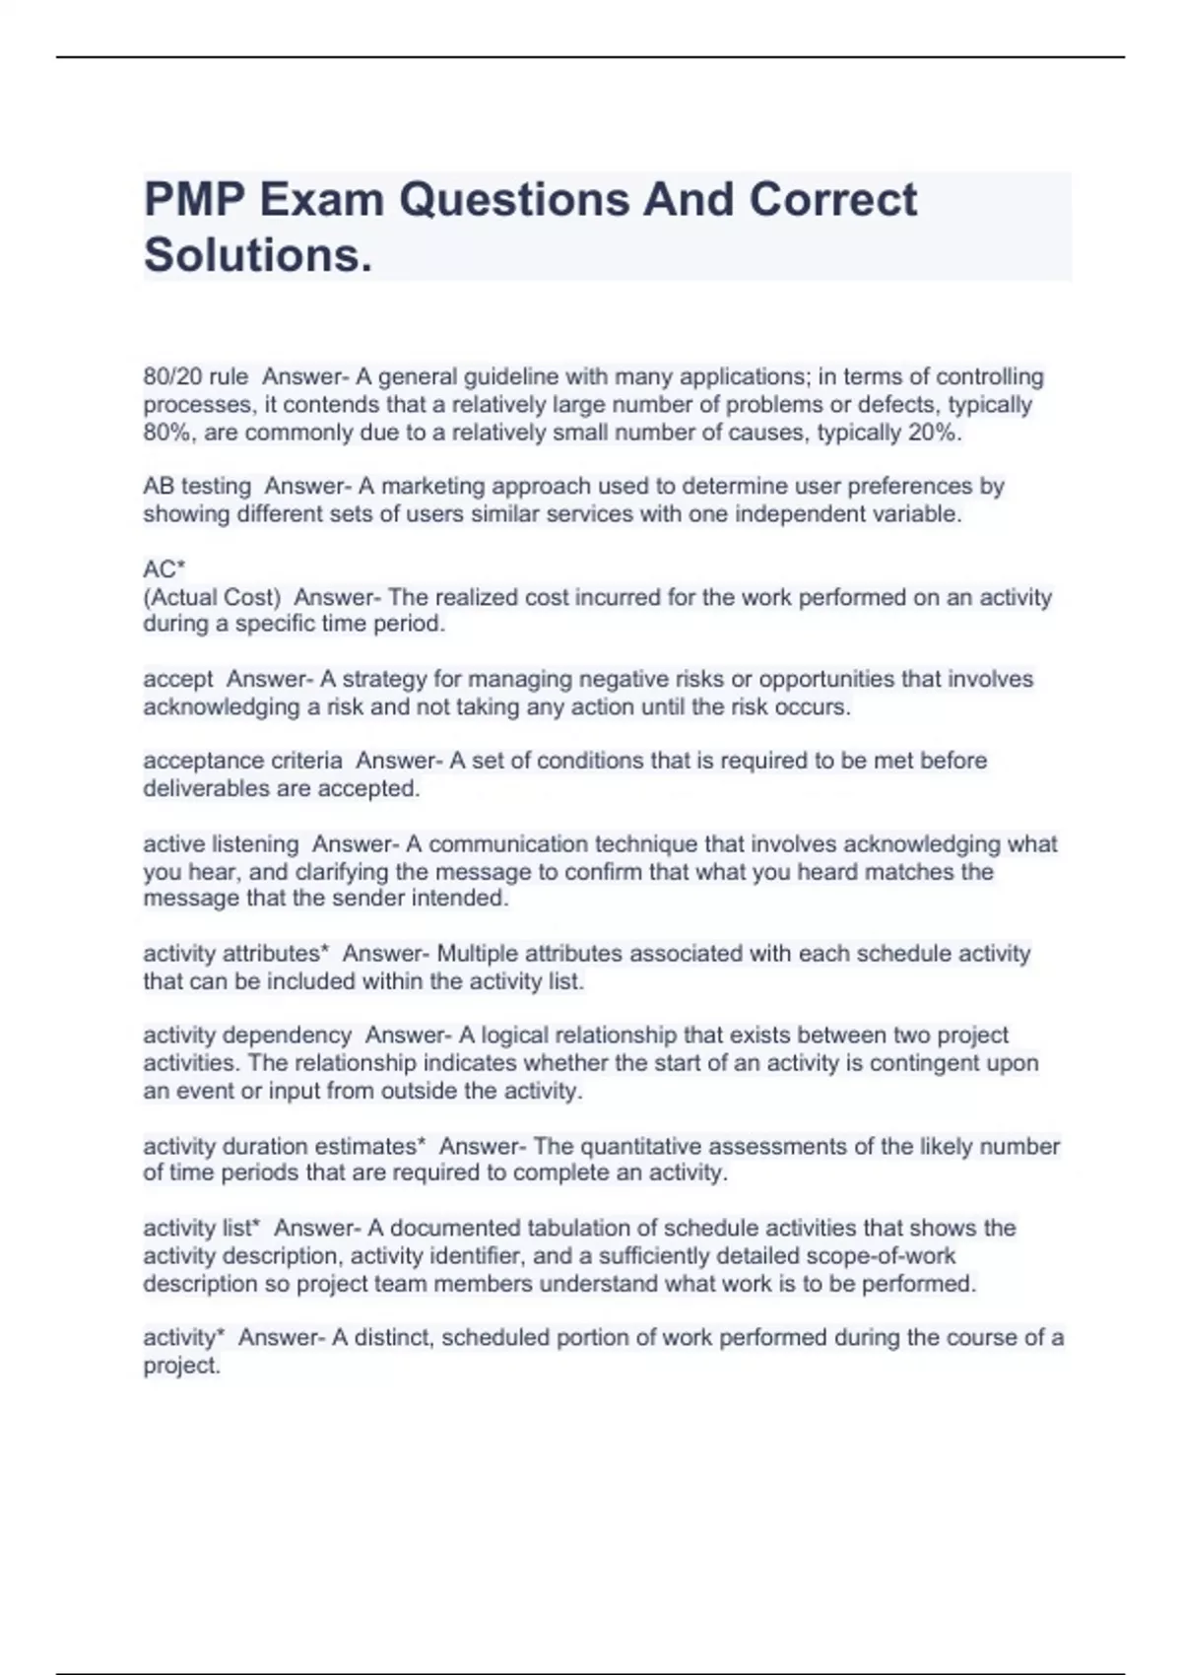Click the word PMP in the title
(194, 200)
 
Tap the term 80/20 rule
(196, 377)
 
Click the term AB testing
(197, 487)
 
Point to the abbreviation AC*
(164, 569)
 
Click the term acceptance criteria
(242, 761)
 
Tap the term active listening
(221, 844)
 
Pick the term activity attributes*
(236, 954)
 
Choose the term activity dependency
(247, 1036)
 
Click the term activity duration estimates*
(285, 1147)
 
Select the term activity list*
(202, 1229)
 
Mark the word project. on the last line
(182, 1367)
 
